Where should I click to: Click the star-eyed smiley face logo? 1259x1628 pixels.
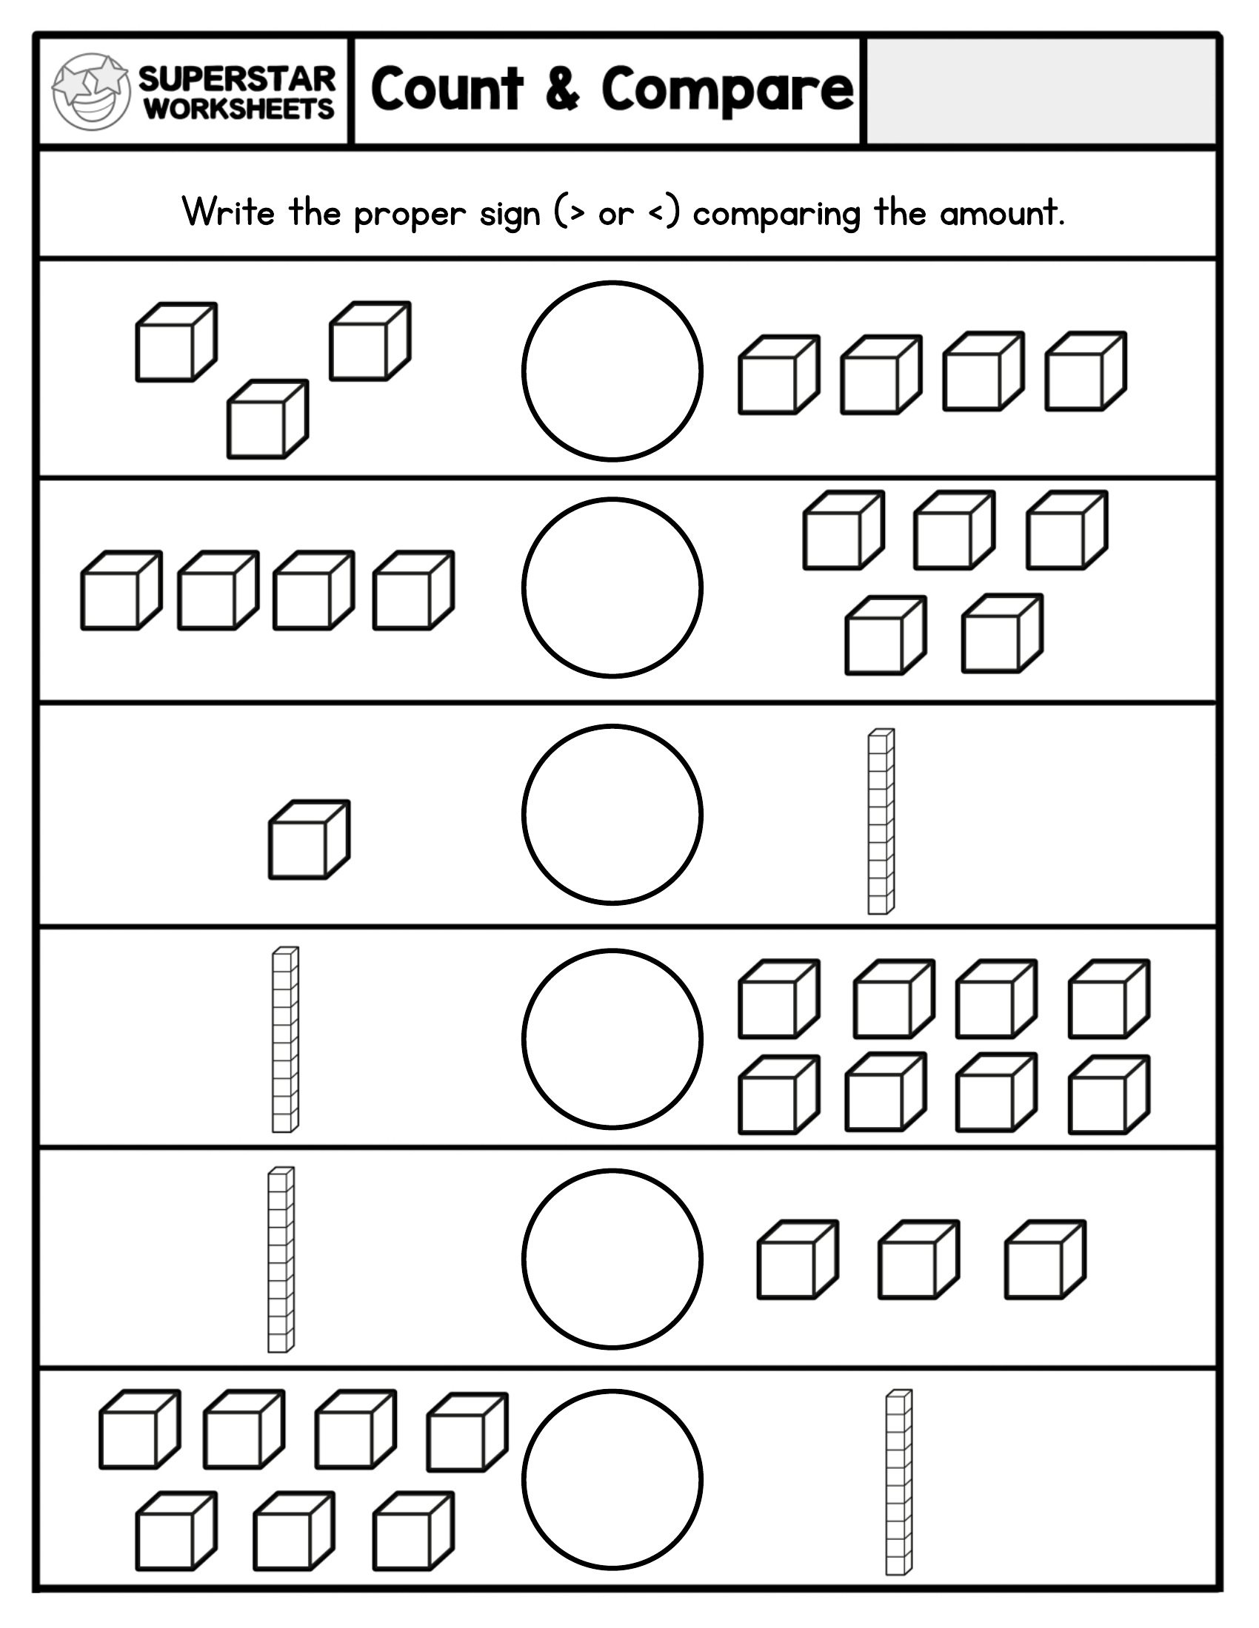coord(91,91)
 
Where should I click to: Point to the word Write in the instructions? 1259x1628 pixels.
coord(228,212)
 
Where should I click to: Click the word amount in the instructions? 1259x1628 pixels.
coord(1000,214)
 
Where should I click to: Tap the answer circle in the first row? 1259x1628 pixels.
coord(612,371)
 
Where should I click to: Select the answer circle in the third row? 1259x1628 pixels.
coord(612,814)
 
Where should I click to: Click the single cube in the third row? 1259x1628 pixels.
coord(308,840)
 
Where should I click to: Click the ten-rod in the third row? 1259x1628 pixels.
coord(880,821)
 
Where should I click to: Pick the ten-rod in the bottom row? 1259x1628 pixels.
coord(898,1482)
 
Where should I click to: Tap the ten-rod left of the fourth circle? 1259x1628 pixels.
coord(284,1039)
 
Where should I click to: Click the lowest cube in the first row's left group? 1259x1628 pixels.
coord(267,420)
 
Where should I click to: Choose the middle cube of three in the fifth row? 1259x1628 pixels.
coord(918,1259)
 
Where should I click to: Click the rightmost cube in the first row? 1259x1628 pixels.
coord(1084,371)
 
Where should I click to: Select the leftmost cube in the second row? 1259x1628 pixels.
coord(121,591)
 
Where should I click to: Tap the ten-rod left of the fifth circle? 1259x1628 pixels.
coord(281,1259)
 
